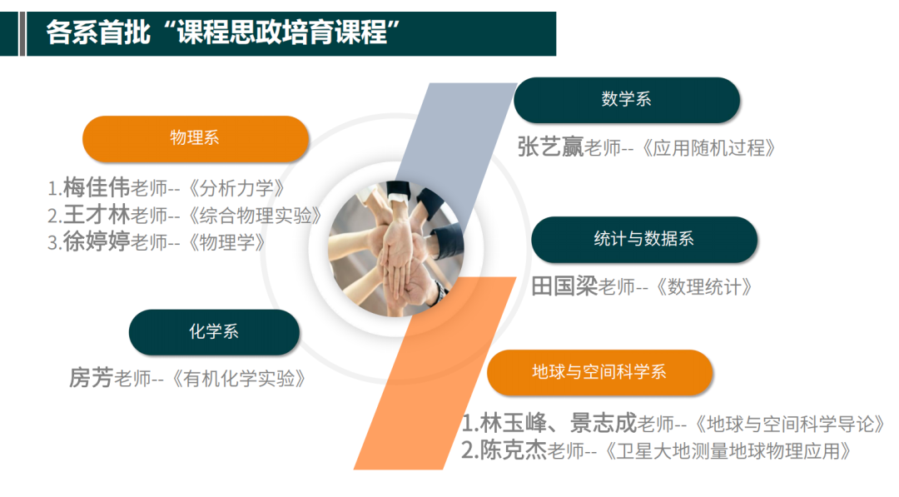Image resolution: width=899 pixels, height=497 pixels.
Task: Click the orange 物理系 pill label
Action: coord(196,138)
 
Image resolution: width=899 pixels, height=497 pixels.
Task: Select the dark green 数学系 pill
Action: coord(626,100)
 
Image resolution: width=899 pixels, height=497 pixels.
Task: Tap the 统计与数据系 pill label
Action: coord(643,240)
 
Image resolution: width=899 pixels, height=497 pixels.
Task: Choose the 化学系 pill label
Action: coord(214,332)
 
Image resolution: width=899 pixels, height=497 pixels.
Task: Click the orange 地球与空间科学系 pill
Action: coord(599,372)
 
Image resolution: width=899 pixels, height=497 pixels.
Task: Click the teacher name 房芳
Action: coord(91,379)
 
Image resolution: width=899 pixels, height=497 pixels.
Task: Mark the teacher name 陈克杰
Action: coord(513,451)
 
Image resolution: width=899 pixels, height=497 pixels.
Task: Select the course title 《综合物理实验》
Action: coord(255,216)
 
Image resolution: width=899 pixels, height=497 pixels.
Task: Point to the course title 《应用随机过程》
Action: coord(708,149)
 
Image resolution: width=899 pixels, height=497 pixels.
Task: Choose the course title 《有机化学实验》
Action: coord(239,380)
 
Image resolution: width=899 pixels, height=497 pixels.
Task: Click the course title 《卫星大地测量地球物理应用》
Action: coord(728,452)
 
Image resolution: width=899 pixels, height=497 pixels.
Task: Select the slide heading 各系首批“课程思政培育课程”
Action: coord(224,34)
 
